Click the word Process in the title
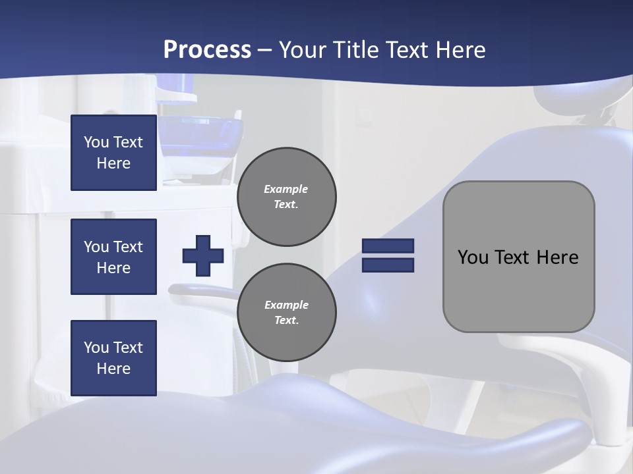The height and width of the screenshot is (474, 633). [207, 50]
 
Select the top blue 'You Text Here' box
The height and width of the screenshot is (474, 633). [113, 153]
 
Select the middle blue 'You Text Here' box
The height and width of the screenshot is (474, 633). [113, 257]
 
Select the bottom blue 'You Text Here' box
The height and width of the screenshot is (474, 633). [113, 358]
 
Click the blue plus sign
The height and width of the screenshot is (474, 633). [203, 255]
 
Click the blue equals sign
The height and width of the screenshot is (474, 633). [388, 255]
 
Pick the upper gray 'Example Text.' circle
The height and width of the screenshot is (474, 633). [287, 197]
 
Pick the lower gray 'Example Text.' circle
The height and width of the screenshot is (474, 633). [287, 313]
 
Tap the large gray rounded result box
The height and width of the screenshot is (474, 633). [518, 256]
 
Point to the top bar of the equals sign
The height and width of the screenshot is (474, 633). [388, 246]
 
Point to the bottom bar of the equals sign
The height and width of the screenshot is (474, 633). [388, 265]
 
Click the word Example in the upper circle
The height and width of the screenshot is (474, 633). [286, 189]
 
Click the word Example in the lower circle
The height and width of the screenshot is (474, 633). [286, 305]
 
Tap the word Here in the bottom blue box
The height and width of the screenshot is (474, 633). [113, 369]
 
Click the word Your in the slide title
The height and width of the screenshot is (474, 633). [302, 50]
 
